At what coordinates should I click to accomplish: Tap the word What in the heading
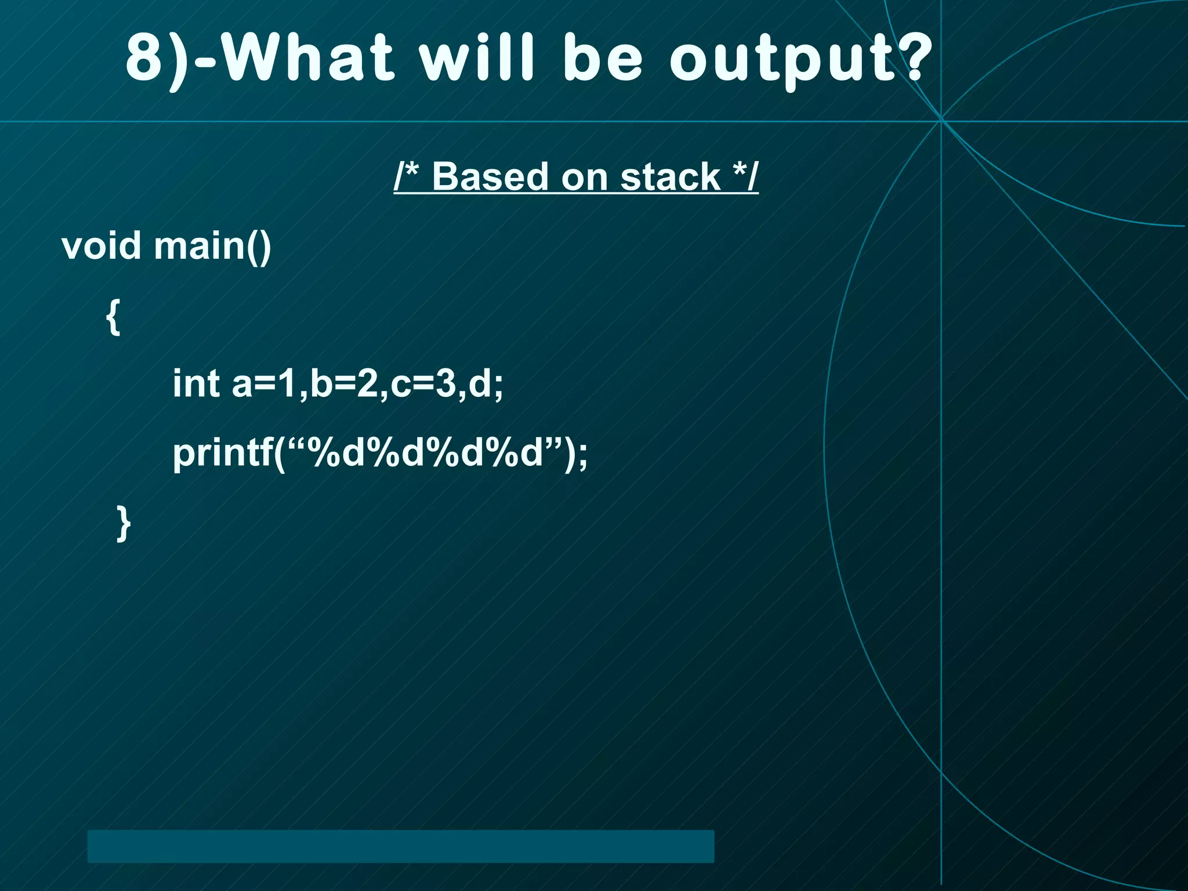pyautogui.click(x=307, y=58)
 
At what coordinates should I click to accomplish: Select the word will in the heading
pyautogui.click(x=476, y=58)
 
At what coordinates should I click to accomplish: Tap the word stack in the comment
pyautogui.click(x=670, y=176)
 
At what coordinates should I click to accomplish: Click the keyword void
pyautogui.click(x=101, y=246)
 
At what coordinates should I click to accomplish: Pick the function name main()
pyautogui.click(x=212, y=247)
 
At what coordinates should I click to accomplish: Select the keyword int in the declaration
pyautogui.click(x=196, y=383)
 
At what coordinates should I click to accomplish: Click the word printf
pyautogui.click(x=223, y=454)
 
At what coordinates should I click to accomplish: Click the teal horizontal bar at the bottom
pyautogui.click(x=400, y=846)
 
